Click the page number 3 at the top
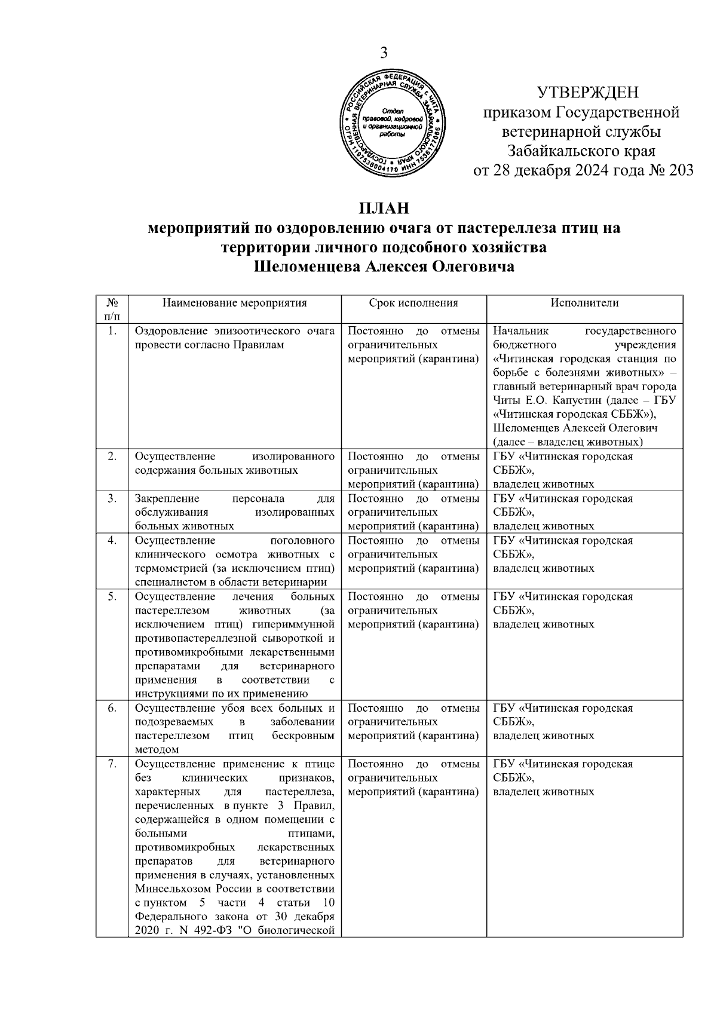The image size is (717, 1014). (x=384, y=53)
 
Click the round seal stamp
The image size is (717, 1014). (x=392, y=124)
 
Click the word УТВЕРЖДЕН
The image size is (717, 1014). (x=588, y=93)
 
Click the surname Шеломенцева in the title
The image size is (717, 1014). (x=308, y=266)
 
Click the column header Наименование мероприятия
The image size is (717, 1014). (x=234, y=303)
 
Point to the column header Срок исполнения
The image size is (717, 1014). (x=413, y=303)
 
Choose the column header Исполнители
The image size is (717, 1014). (x=584, y=303)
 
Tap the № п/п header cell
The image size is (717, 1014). (x=112, y=308)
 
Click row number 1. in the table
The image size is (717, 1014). (x=112, y=331)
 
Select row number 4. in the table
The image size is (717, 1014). (x=112, y=541)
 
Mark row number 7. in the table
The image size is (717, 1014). (x=112, y=764)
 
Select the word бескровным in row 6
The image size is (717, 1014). (x=302, y=736)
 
